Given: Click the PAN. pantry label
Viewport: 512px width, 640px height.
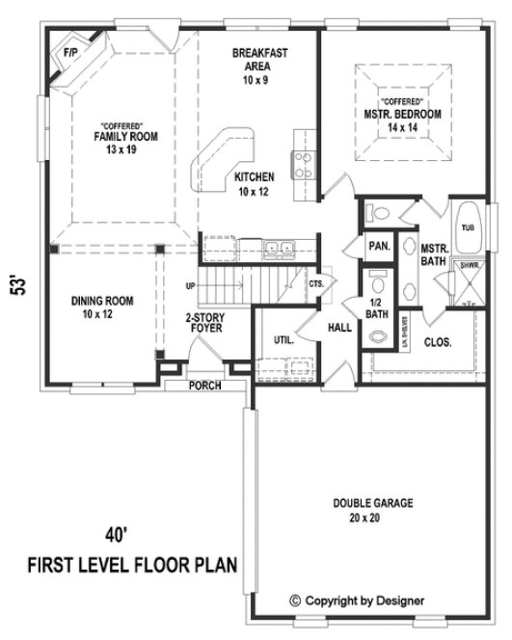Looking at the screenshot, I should tap(378, 246).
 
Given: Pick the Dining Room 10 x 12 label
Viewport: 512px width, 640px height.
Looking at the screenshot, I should tap(101, 307).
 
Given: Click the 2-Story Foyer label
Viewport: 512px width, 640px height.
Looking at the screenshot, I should tap(204, 323).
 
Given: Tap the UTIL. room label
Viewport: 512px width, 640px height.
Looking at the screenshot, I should tap(283, 340).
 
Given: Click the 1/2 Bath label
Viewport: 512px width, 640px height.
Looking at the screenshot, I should tap(376, 309).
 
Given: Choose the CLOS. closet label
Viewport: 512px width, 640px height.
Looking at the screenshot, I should tap(439, 341).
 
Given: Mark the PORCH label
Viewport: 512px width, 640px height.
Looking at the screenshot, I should tap(203, 386).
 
